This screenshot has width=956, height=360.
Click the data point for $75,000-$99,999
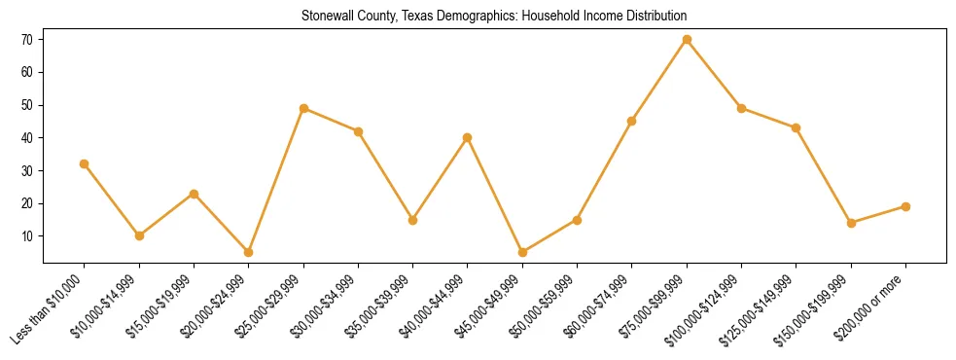tap(687, 39)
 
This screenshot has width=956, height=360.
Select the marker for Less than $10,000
tap(85, 163)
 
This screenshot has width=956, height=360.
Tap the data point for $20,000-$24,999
tap(249, 252)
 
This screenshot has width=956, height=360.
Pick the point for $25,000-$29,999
tap(303, 108)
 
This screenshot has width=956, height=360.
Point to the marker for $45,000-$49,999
tap(522, 252)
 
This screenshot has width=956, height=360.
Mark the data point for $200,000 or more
tap(905, 206)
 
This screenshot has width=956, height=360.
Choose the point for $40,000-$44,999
tap(468, 137)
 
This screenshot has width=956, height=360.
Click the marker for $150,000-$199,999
tap(851, 223)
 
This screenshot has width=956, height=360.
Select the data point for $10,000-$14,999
tap(139, 235)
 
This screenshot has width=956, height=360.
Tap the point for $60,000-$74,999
tap(632, 121)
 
